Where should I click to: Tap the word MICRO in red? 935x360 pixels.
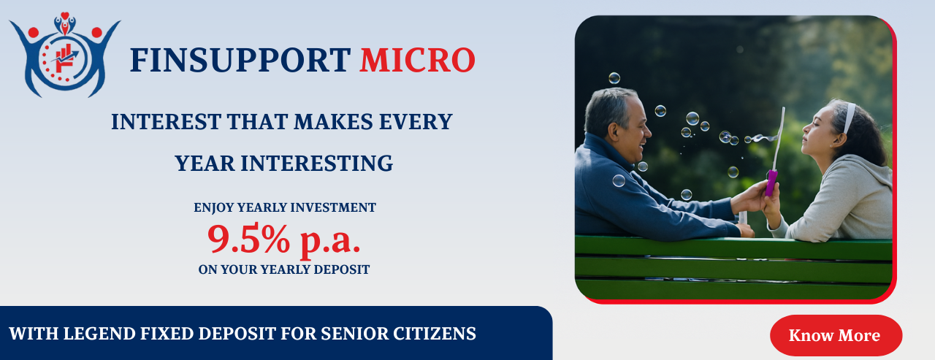(417, 60)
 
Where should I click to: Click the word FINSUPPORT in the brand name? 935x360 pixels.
(240, 60)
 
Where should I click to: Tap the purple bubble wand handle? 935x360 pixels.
(771, 183)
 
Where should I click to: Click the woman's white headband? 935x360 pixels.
(849, 118)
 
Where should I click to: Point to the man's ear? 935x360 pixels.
(614, 132)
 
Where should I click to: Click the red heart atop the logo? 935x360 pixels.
(65, 16)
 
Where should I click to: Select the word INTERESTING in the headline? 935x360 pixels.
(317, 163)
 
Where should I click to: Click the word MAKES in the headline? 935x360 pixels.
(333, 122)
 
